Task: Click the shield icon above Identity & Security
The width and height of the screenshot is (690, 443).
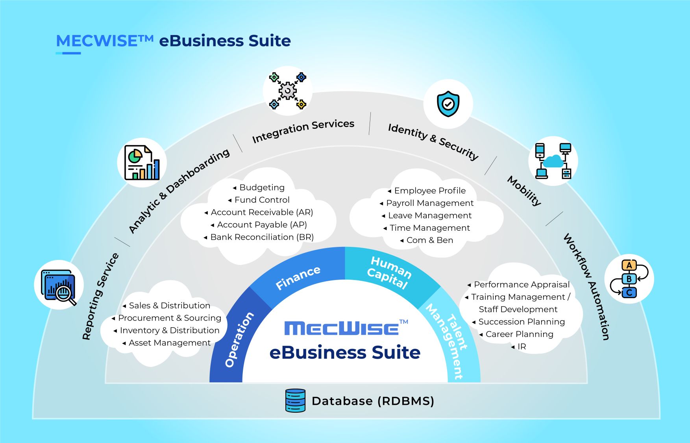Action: pos(448,104)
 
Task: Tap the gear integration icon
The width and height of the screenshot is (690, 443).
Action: pos(288,91)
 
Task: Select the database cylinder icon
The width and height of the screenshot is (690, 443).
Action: pos(295,400)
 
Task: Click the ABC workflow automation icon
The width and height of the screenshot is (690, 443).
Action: pos(629,279)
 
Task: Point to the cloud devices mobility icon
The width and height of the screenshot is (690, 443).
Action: pos(553,161)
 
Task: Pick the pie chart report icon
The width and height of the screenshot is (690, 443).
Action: pos(142,163)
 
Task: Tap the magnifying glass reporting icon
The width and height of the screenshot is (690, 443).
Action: pos(59,285)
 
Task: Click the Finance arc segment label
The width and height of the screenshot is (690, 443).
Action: pos(298,277)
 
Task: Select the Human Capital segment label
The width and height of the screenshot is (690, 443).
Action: pos(389,272)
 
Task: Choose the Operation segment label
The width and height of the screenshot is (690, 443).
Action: pos(239,339)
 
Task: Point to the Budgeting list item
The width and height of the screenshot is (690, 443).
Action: pos(262,187)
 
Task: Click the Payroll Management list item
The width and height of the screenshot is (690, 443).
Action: pos(430,203)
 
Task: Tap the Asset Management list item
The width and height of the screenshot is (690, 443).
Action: pos(170,343)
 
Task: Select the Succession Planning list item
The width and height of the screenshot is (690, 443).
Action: pos(522,322)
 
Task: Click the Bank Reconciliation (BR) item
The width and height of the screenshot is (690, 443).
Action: pos(262,237)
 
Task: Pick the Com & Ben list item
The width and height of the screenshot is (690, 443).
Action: pos(430,240)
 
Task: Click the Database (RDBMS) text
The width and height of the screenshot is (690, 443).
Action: pos(373,401)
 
